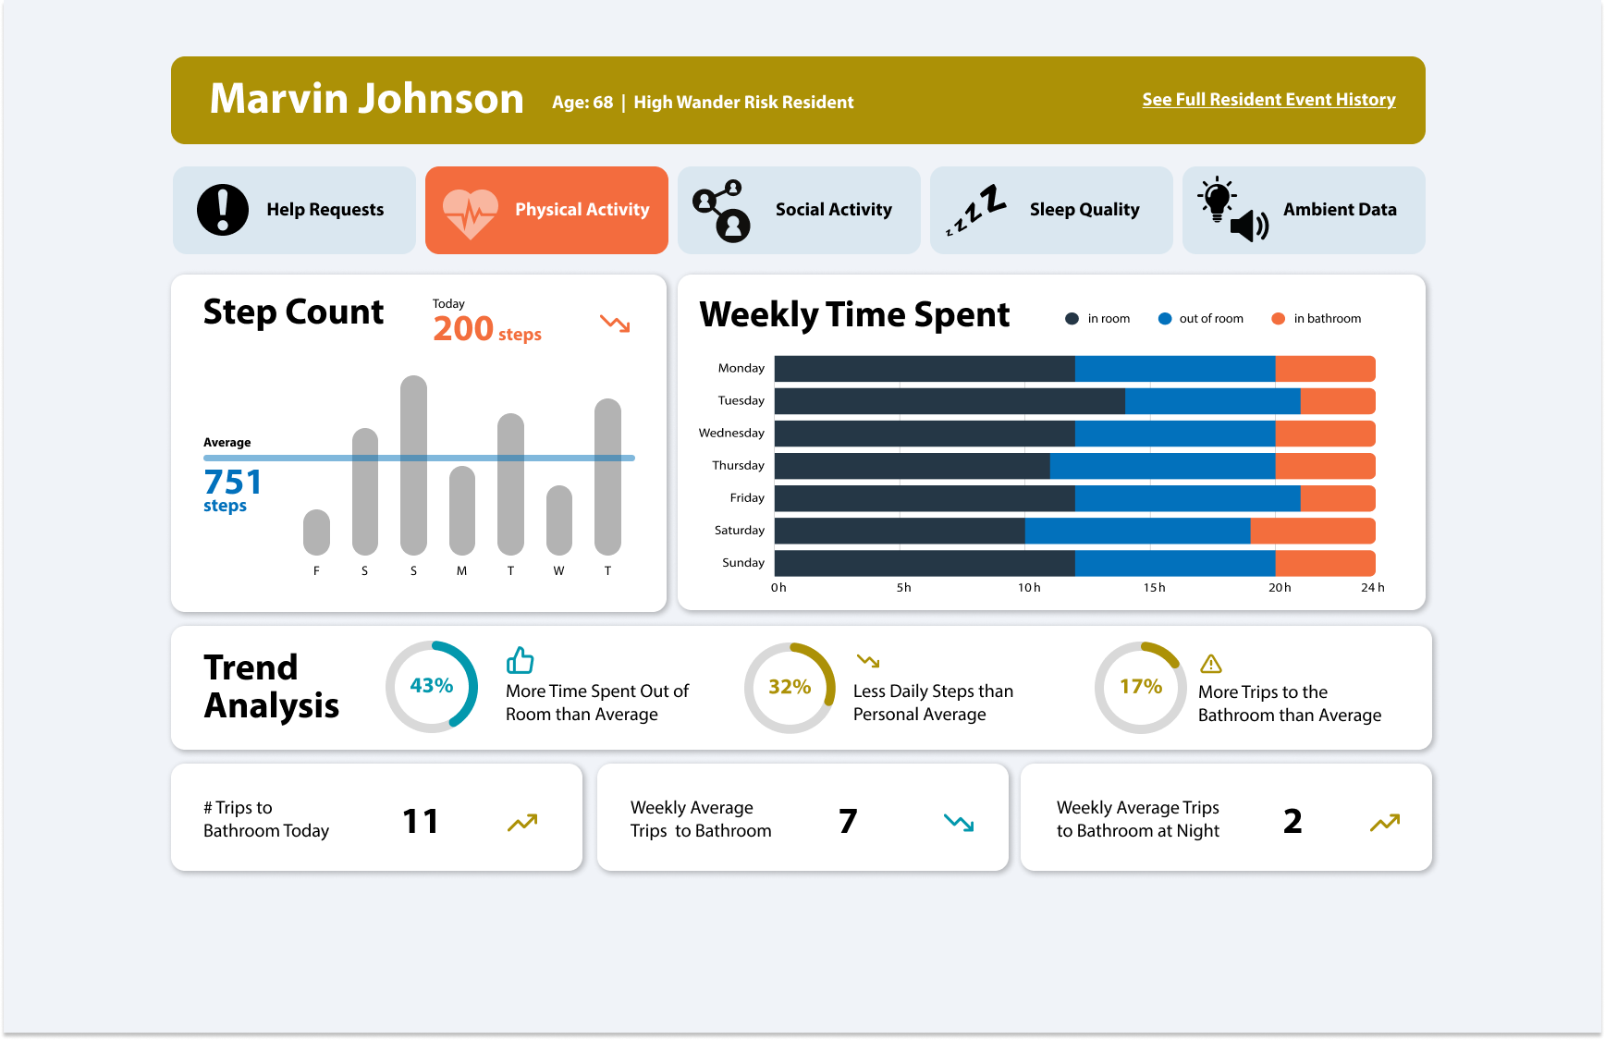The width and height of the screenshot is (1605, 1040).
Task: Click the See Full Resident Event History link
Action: click(x=1268, y=100)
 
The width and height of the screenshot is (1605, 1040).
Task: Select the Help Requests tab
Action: click(x=294, y=210)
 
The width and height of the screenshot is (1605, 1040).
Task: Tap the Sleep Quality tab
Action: click(x=1050, y=210)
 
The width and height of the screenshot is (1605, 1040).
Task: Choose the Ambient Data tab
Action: click(x=1303, y=210)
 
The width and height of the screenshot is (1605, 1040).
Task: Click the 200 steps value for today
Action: click(x=486, y=329)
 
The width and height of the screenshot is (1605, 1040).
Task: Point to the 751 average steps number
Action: click(x=233, y=482)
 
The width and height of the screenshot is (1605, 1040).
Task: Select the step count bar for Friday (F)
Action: click(x=316, y=532)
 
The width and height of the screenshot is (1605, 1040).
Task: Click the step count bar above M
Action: click(x=461, y=510)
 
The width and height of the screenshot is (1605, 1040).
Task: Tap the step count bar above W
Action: click(x=558, y=520)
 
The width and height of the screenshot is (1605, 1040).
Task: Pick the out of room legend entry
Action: click(x=1201, y=319)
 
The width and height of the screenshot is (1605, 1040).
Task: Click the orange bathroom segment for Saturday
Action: click(x=1312, y=531)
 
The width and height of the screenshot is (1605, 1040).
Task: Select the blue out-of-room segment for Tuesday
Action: click(x=1212, y=401)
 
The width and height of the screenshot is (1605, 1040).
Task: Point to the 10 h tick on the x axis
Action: click(x=1028, y=588)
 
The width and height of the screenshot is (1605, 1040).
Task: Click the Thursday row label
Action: click(x=738, y=466)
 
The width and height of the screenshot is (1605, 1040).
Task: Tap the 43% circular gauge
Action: click(x=432, y=686)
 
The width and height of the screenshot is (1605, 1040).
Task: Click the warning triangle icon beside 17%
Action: click(x=1210, y=664)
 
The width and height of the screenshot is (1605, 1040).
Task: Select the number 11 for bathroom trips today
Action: click(x=420, y=821)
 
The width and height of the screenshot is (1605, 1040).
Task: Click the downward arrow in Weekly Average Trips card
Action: click(x=959, y=822)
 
